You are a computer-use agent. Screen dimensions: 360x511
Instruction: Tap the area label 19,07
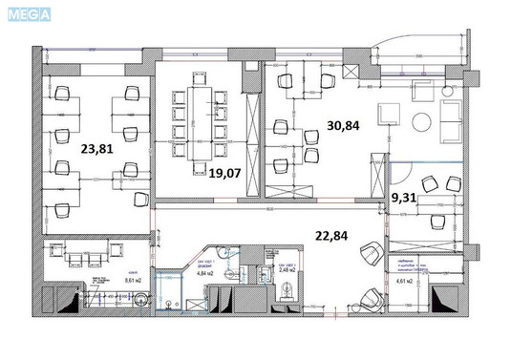click(223, 172)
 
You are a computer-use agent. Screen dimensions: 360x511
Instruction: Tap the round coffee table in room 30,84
click(420, 121)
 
